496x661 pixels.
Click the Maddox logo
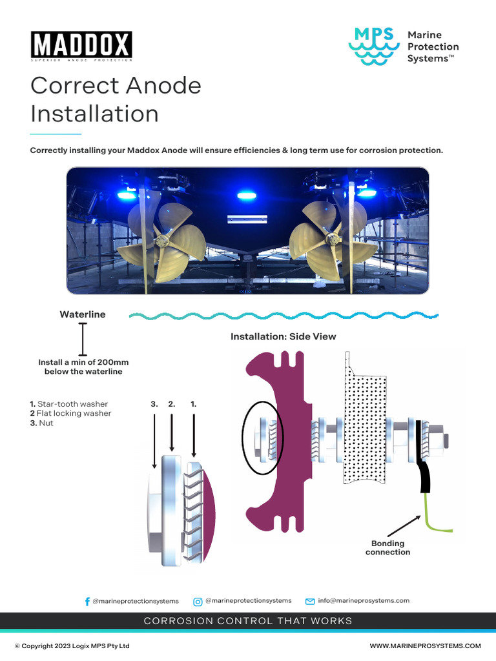(x=81, y=46)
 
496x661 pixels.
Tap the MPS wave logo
(x=375, y=46)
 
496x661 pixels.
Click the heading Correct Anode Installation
(x=116, y=99)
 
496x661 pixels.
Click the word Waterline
(x=83, y=314)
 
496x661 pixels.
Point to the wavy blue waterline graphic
(x=284, y=316)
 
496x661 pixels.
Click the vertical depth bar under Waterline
(x=83, y=340)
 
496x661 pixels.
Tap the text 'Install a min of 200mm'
(x=83, y=362)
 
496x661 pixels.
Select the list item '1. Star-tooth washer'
(x=69, y=404)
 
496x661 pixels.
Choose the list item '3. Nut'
(x=42, y=423)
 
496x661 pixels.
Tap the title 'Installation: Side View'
(x=284, y=336)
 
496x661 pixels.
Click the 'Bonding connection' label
(x=387, y=547)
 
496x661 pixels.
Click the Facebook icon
(x=88, y=601)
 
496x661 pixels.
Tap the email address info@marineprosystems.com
(x=364, y=600)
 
